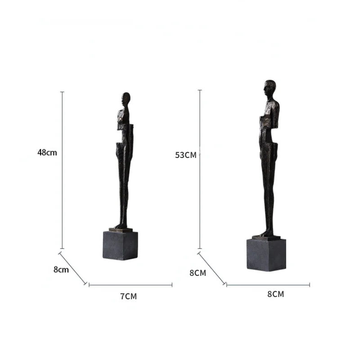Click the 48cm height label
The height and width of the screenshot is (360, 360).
coord(47,153)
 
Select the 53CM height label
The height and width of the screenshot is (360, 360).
coord(186,155)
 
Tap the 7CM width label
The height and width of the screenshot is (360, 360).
coord(129,297)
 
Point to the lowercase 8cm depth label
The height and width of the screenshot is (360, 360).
coord(61,270)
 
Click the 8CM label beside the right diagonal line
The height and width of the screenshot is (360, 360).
coord(198,273)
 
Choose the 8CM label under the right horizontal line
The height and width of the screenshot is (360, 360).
coord(275,294)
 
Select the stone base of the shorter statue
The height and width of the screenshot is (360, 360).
coord(120,246)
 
